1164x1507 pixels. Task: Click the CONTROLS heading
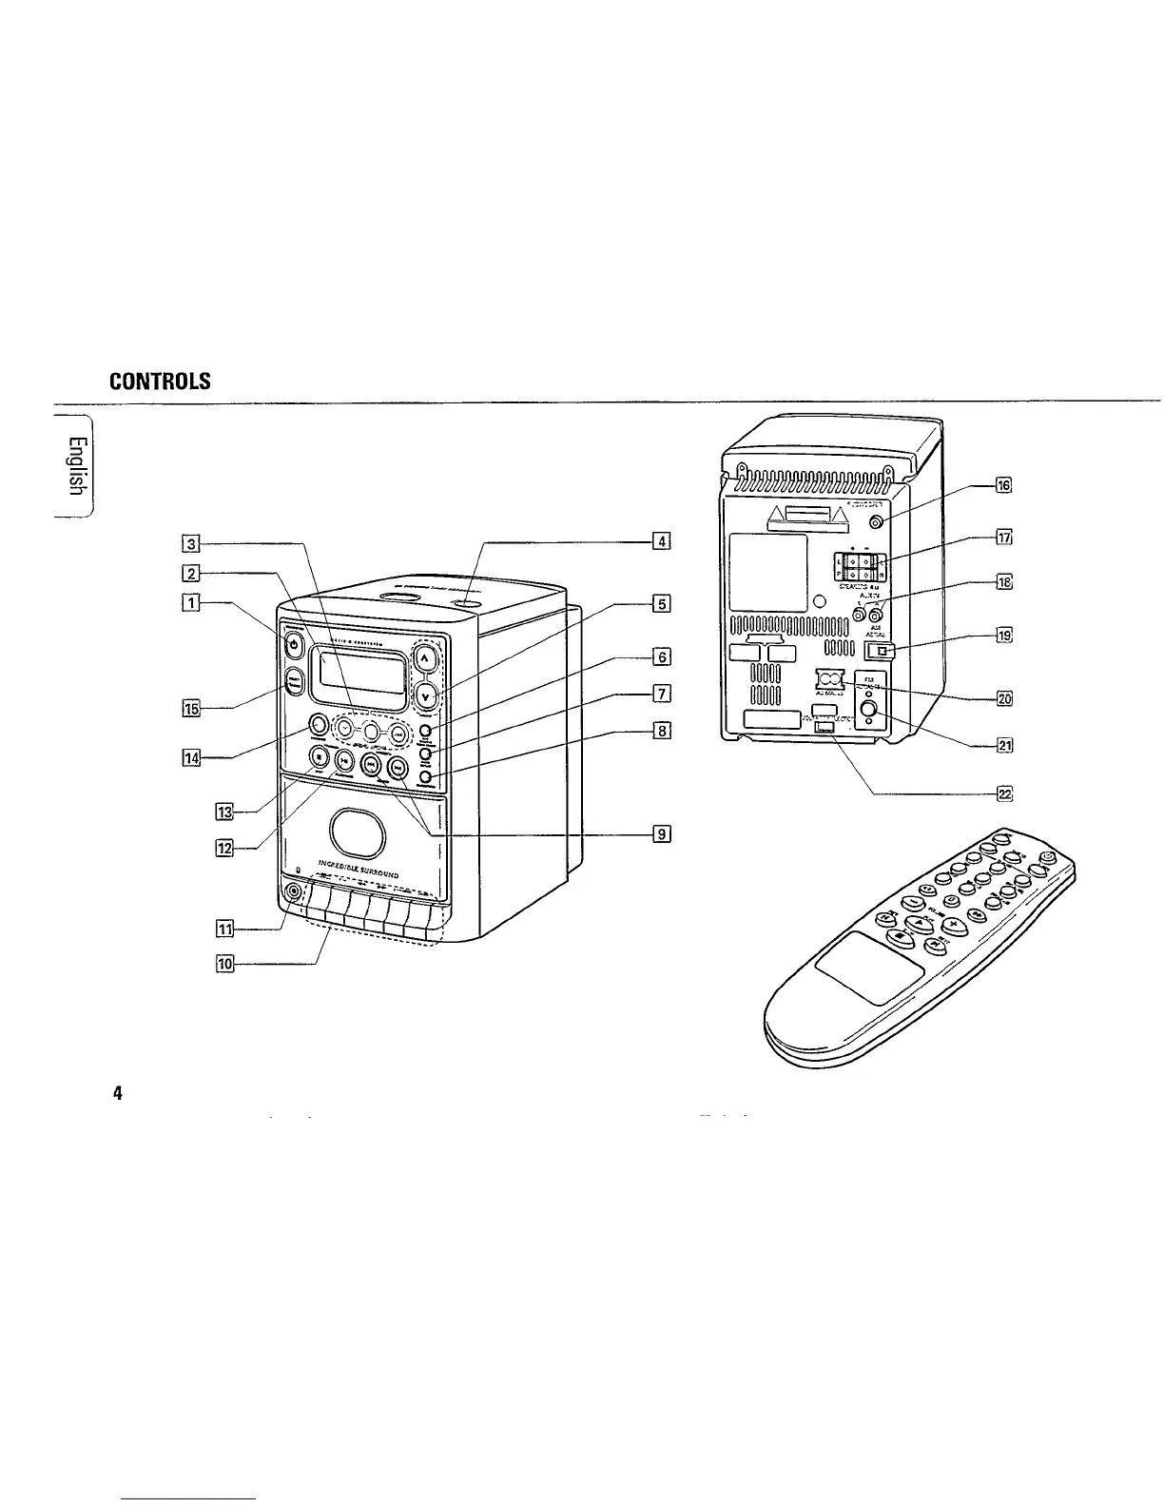point(160,382)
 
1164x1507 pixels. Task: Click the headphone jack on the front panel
point(292,893)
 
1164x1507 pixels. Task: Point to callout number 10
point(224,964)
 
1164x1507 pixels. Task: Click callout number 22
point(1003,793)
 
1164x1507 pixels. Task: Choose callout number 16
point(1003,485)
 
